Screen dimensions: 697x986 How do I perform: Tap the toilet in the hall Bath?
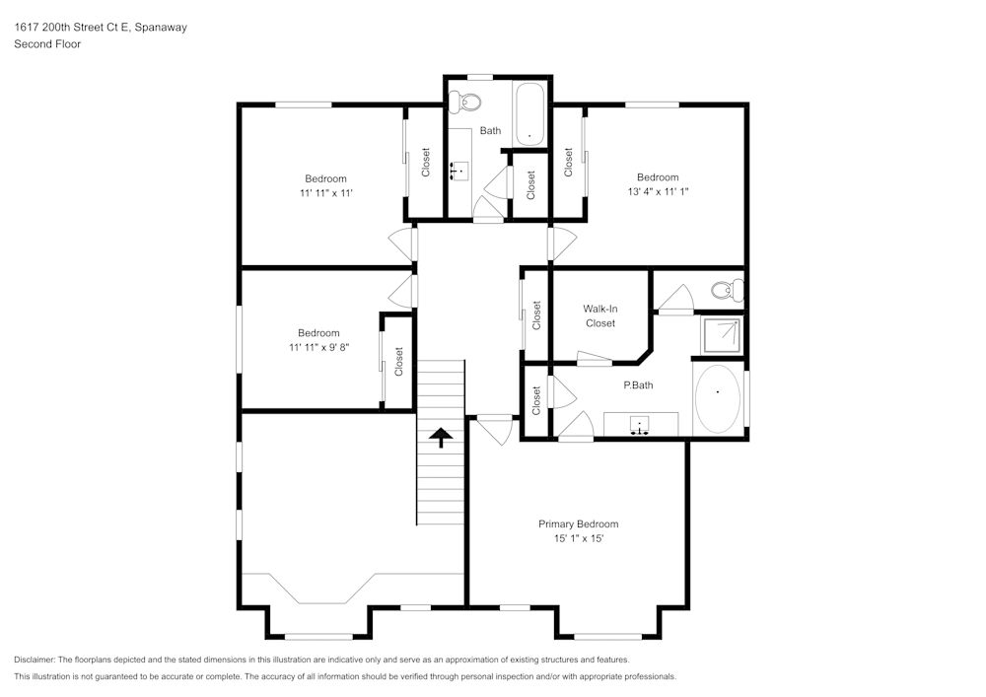click(x=462, y=101)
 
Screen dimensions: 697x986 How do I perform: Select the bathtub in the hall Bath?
click(x=528, y=114)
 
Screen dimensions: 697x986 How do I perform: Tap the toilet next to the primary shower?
click(x=728, y=290)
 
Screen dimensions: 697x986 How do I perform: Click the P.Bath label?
click(x=637, y=385)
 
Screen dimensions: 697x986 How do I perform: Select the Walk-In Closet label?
click(x=599, y=315)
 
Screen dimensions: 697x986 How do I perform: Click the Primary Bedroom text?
click(x=578, y=524)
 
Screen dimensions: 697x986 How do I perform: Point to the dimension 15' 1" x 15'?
click(x=578, y=539)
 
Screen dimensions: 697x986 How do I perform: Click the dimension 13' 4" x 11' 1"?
click(x=657, y=192)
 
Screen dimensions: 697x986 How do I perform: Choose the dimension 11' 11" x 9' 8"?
click(x=318, y=348)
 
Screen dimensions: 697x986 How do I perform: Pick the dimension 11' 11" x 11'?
click(x=325, y=193)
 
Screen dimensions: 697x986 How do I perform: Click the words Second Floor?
click(x=47, y=44)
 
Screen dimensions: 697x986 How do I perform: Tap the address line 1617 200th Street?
click(x=100, y=28)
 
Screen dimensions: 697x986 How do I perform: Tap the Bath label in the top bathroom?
click(x=490, y=130)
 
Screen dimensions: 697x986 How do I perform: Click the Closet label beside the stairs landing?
click(x=536, y=314)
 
